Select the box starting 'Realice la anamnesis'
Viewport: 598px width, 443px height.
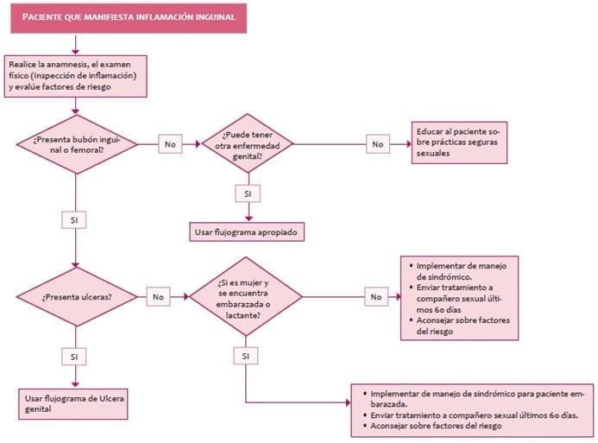(78, 75)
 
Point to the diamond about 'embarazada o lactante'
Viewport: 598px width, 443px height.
(246, 296)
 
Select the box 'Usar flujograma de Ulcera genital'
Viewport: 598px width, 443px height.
(66, 402)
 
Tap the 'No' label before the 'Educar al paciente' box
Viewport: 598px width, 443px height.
(378, 144)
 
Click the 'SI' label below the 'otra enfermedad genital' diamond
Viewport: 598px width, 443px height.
(248, 194)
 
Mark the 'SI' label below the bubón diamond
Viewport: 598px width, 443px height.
(76, 220)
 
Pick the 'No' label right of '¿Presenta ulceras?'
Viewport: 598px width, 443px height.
(159, 296)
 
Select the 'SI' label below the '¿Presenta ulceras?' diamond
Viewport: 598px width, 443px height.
(76, 356)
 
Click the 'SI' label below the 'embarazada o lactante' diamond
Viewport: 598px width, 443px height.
(248, 356)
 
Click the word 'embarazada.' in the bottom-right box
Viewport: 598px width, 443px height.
(387, 404)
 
